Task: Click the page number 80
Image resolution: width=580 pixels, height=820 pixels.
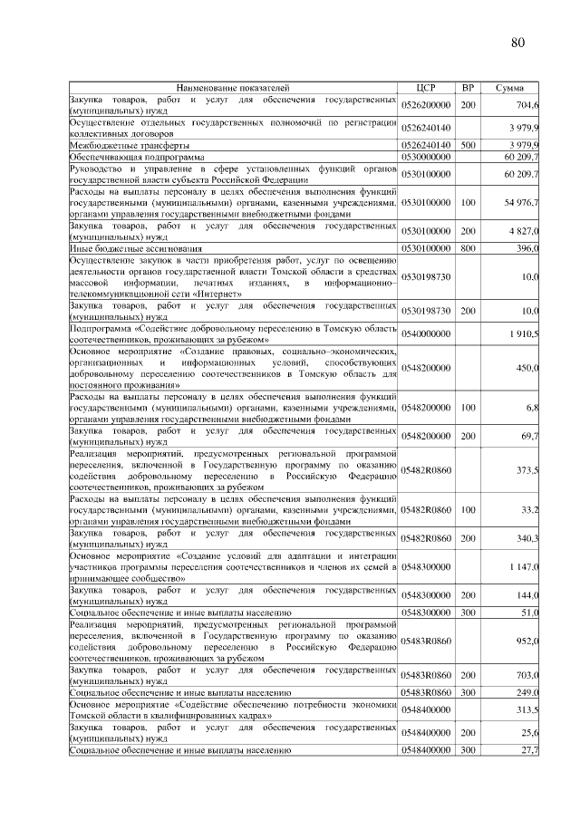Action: (x=517, y=42)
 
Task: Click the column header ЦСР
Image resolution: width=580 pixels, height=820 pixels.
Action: (x=427, y=88)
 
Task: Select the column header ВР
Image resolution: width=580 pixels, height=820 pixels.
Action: (x=468, y=88)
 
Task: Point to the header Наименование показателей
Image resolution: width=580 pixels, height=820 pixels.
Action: (x=234, y=88)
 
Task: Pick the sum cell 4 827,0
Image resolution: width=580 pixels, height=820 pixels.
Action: (x=524, y=232)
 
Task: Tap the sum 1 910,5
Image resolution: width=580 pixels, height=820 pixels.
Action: (x=523, y=334)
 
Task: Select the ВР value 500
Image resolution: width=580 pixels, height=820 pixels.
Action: (x=468, y=145)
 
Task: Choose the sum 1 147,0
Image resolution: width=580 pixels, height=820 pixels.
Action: (x=523, y=565)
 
